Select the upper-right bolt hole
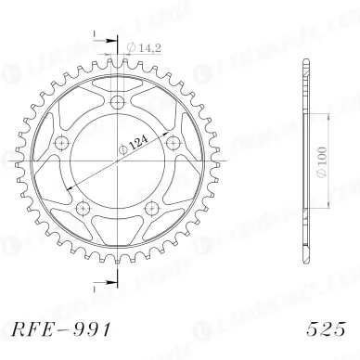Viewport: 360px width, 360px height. tap(171, 141)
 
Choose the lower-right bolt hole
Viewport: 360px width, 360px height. tap(151, 205)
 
